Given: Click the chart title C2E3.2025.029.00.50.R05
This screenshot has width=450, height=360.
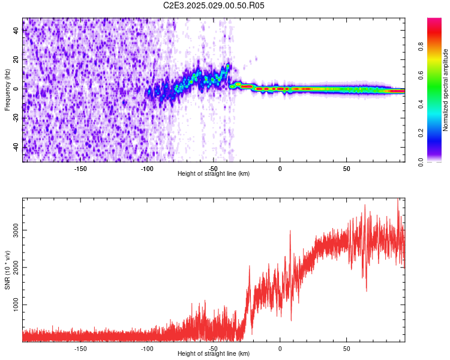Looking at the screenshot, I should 214,5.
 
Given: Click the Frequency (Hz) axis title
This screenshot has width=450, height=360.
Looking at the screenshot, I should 7,91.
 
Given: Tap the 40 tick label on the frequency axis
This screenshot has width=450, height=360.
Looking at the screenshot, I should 16,31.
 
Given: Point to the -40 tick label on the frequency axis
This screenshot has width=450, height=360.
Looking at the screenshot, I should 16,147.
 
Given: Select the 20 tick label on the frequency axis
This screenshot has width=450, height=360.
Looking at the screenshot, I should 16,59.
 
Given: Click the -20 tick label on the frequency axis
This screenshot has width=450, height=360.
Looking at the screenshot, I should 16,118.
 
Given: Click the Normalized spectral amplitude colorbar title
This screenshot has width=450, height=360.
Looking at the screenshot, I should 445,91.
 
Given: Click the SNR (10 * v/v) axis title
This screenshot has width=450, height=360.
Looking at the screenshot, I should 7,270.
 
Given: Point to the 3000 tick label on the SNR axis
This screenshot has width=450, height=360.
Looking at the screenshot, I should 16,230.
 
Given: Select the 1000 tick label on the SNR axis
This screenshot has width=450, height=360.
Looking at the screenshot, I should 16,305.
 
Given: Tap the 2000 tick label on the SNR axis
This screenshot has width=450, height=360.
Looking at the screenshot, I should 16,268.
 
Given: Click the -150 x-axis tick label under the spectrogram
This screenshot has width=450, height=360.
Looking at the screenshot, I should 80,168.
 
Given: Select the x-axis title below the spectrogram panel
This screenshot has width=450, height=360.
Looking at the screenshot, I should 214,174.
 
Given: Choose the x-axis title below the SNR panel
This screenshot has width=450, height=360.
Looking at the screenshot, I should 214,354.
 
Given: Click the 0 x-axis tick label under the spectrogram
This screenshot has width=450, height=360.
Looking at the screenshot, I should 280,168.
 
